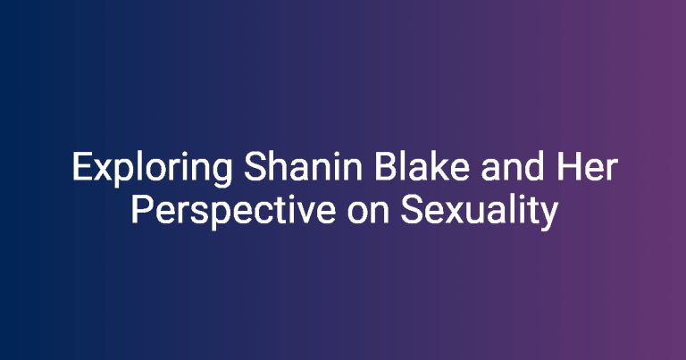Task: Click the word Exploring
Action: click(152, 169)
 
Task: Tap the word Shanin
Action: click(303, 166)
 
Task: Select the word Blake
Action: click(422, 166)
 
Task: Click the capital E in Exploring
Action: click(82, 166)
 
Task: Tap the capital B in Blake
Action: click(386, 166)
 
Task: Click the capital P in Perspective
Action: click(143, 210)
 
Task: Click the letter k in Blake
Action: click(440, 166)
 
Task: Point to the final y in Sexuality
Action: click(549, 217)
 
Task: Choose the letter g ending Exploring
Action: click(222, 173)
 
